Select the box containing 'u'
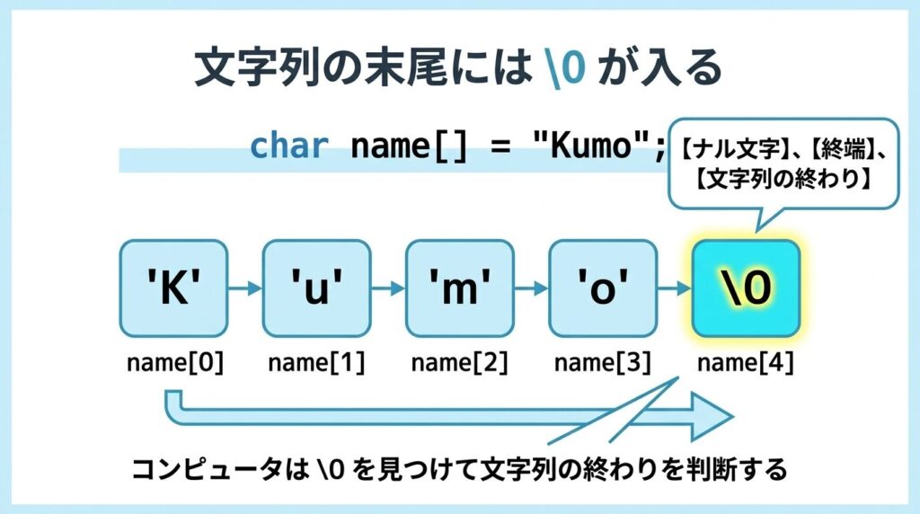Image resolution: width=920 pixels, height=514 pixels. [x=316, y=288]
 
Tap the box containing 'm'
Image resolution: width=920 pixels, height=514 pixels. [x=459, y=288]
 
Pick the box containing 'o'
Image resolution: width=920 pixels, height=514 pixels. [x=602, y=288]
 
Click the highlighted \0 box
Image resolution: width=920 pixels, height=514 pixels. [x=745, y=288]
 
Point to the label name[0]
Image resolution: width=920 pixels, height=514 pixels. [x=174, y=362]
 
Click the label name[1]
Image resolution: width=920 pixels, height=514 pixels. [x=316, y=362]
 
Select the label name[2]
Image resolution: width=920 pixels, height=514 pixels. [x=459, y=362]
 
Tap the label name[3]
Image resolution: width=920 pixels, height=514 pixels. [x=602, y=362]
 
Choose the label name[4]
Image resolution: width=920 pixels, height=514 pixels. [x=745, y=362]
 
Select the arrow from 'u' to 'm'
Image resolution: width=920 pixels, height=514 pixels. [x=388, y=288]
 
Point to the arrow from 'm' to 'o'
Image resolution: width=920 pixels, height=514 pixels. [x=531, y=288]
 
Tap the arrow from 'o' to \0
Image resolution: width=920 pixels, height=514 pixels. [x=674, y=288]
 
